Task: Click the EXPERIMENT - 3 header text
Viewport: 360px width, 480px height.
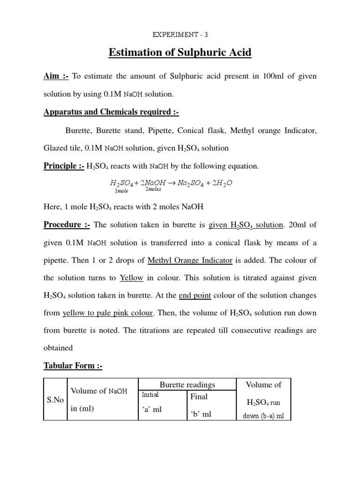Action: [180, 34]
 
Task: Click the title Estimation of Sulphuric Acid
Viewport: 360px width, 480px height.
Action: [180, 52]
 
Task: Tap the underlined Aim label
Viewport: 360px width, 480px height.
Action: [56, 76]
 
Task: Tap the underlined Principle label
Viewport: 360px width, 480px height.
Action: [64, 166]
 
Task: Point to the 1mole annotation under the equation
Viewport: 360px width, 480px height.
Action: [121, 190]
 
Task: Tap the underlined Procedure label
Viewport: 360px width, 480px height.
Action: [67, 225]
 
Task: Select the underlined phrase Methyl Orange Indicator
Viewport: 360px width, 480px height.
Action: [190, 260]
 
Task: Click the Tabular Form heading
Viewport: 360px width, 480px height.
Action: [73, 366]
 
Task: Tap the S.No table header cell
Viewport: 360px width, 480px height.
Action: [55, 399]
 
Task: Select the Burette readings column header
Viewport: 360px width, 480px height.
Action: [187, 385]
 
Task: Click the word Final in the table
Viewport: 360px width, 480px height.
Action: [199, 397]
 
